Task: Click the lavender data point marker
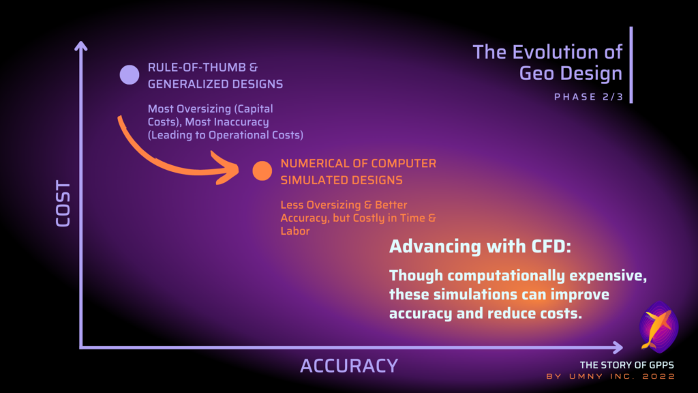130,74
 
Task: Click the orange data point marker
262,171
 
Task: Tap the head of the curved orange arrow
227,169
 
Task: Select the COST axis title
63,203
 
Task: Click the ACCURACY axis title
349,366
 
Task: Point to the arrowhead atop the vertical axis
80,46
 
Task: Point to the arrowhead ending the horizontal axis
618,347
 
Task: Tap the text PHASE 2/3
588,97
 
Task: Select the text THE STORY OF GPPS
627,366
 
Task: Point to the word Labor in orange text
294,231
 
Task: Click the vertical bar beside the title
631,65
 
